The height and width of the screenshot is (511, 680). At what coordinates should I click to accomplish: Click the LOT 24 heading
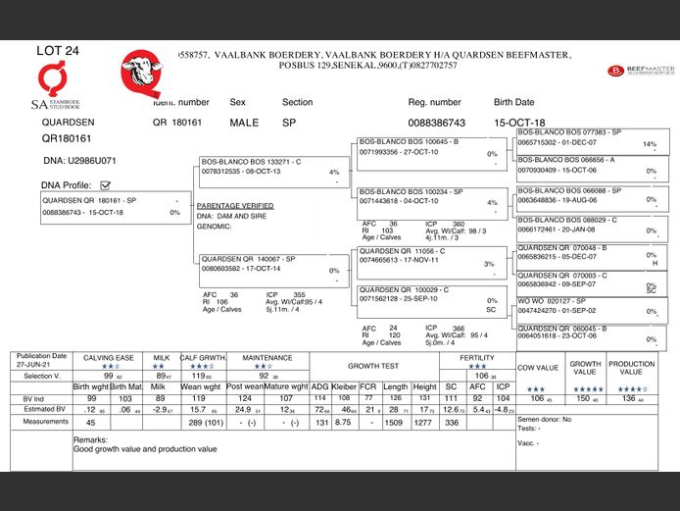tap(58, 50)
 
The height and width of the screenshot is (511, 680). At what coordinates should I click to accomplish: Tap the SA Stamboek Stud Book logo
tap(52, 86)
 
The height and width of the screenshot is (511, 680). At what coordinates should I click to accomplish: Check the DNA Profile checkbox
tap(106, 184)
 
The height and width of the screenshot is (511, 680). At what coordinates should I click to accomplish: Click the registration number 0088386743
tap(436, 123)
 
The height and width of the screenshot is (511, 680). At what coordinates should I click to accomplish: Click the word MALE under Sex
tap(244, 123)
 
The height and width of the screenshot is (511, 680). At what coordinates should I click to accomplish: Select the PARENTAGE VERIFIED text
tap(235, 206)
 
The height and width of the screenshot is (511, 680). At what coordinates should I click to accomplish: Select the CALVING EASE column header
tap(108, 358)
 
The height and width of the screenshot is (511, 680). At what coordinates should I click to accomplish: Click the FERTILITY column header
tap(476, 358)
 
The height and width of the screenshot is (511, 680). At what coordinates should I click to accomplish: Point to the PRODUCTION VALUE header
tap(631, 368)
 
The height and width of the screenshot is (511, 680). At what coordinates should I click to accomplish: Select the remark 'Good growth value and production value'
tap(146, 448)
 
